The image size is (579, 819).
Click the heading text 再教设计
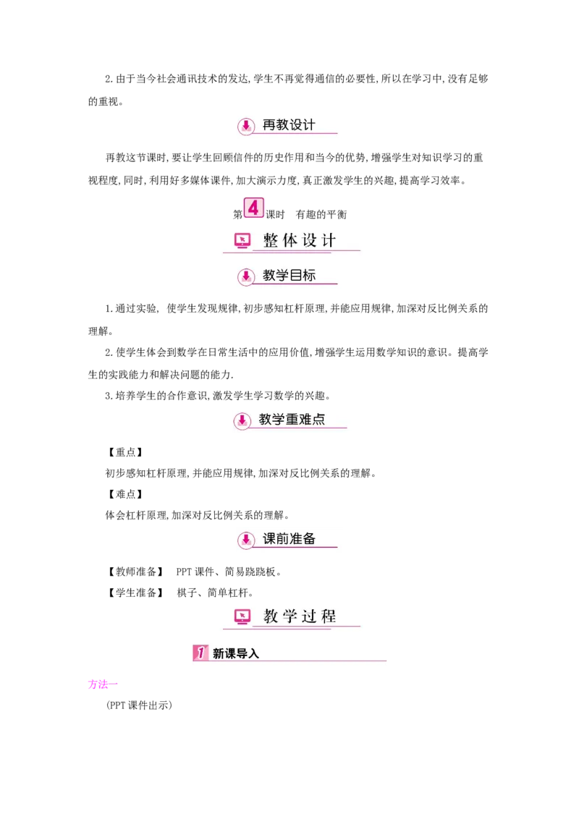(x=289, y=124)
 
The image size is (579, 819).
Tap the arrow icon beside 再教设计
(x=246, y=125)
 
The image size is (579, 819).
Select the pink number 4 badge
(x=253, y=208)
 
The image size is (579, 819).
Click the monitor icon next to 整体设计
(x=242, y=240)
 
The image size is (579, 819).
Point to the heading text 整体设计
(x=300, y=240)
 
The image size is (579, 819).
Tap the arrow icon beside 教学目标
(x=246, y=276)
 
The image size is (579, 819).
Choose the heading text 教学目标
(x=289, y=276)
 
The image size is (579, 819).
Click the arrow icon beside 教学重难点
(x=242, y=420)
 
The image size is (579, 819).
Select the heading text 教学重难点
(x=292, y=419)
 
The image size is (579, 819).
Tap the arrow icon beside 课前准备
(x=246, y=540)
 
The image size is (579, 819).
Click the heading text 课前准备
(x=289, y=539)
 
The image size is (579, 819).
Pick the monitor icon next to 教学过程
(x=242, y=616)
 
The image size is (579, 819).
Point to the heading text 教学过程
(x=300, y=616)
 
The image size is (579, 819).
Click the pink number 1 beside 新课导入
(x=200, y=653)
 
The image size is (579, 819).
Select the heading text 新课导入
(x=236, y=653)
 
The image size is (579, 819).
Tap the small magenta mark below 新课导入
(x=103, y=684)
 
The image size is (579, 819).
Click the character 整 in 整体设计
(x=271, y=240)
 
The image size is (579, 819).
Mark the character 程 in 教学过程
(x=329, y=616)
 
